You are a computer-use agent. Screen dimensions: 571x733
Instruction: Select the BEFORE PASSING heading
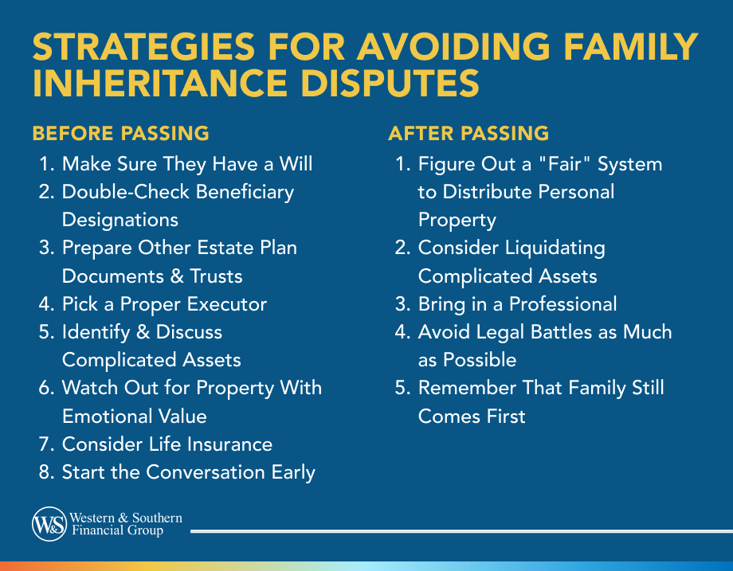(120, 133)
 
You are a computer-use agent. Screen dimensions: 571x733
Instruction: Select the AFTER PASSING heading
(468, 133)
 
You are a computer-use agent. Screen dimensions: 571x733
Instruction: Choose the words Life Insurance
(216, 444)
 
